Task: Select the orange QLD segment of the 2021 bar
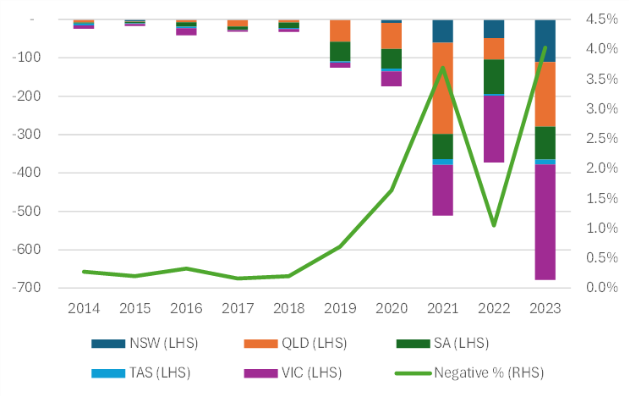(x=442, y=88)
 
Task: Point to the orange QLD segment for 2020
(x=391, y=36)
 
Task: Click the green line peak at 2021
(x=442, y=67)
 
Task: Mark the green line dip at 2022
(x=494, y=225)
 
